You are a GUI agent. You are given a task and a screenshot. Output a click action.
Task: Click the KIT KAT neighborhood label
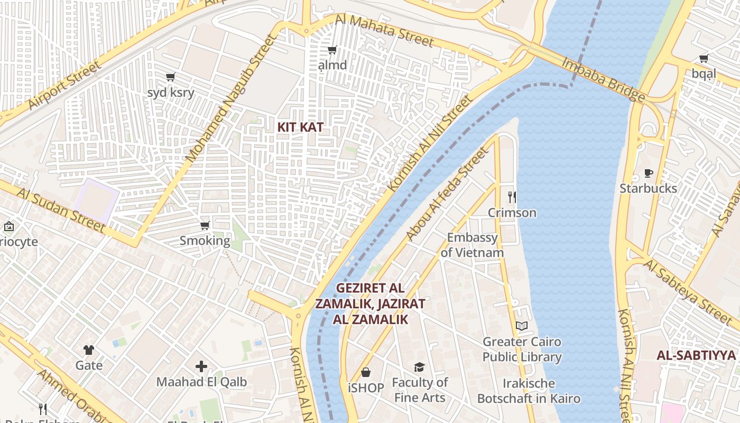point(300,127)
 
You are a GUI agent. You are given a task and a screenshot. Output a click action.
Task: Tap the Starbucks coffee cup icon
point(648,173)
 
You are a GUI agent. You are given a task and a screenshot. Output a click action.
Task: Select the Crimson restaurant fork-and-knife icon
point(512,197)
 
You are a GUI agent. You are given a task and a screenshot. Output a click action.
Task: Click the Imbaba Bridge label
point(603,79)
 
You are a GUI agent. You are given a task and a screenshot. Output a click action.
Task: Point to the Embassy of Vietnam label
point(472,245)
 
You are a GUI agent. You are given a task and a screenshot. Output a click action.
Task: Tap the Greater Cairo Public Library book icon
point(522,326)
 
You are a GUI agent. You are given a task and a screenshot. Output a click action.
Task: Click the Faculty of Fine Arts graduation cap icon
point(419,367)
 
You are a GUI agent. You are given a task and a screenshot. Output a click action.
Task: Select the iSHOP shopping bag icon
point(366,372)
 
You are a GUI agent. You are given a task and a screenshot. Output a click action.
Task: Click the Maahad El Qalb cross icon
point(201,366)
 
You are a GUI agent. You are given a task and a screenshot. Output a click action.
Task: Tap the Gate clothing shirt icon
point(89,350)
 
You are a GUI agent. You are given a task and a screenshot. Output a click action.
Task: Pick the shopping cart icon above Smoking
point(205,225)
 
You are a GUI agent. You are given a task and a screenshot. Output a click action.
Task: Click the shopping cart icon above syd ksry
point(170,77)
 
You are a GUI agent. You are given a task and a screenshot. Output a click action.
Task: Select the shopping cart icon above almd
point(332,50)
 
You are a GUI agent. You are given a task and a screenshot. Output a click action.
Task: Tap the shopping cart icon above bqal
point(704,58)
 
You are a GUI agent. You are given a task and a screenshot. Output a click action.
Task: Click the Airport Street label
point(63,85)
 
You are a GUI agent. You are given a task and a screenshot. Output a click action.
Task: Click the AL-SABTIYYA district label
point(696,355)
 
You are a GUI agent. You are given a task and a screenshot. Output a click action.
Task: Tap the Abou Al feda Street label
point(447,194)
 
